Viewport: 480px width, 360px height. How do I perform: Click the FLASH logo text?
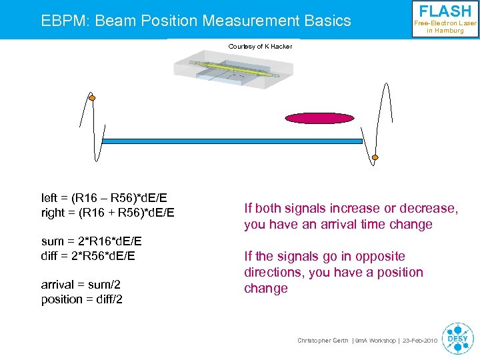[445, 11]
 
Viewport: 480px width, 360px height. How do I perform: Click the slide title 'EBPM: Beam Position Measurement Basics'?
[196, 21]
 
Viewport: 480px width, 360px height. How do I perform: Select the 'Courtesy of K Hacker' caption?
[260, 47]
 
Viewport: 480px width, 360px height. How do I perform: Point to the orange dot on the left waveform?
[92, 99]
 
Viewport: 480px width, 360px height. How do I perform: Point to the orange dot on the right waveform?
[375, 158]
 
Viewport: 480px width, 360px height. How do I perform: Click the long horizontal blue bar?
[231, 141]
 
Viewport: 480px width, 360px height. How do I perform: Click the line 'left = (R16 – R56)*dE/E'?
[104, 198]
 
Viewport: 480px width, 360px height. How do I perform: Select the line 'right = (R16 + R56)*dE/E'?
[107, 213]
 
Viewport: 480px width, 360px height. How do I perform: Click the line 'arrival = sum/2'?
[82, 285]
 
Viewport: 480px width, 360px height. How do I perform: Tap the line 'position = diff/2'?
[82, 299]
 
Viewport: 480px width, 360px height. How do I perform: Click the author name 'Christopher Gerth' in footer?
[323, 341]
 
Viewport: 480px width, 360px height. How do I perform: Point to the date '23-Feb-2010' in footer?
[419, 341]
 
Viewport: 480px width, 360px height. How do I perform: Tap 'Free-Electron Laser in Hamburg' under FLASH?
[445, 27]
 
